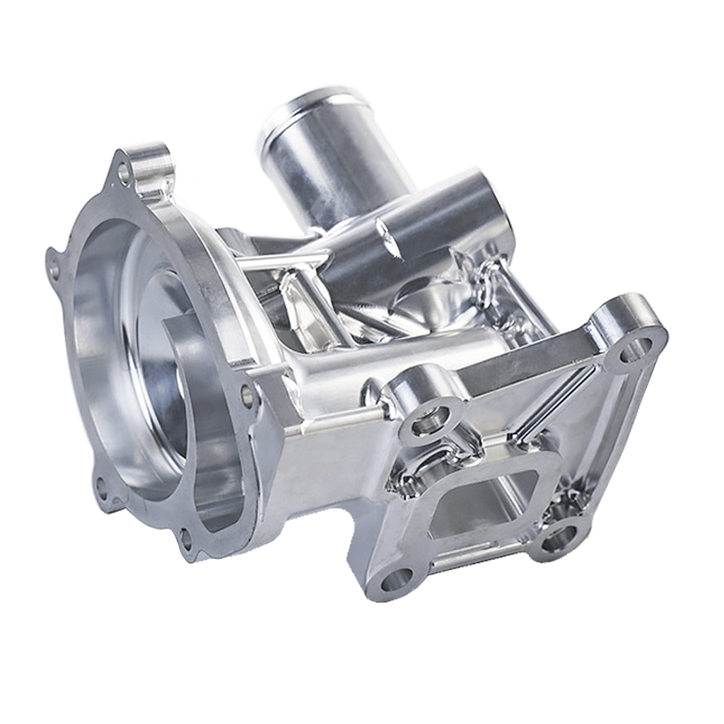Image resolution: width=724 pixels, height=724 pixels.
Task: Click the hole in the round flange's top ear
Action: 125,172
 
